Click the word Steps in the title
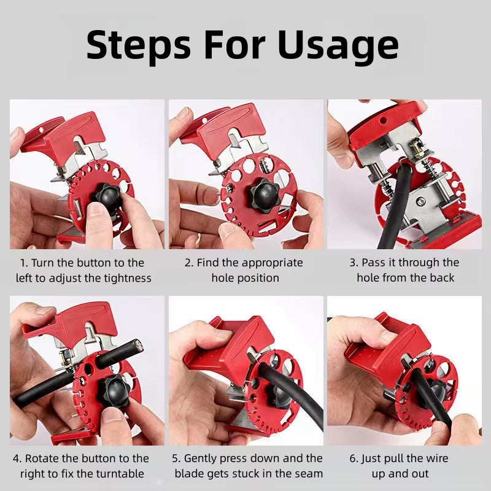click(139, 44)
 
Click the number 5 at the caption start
click(176, 458)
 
